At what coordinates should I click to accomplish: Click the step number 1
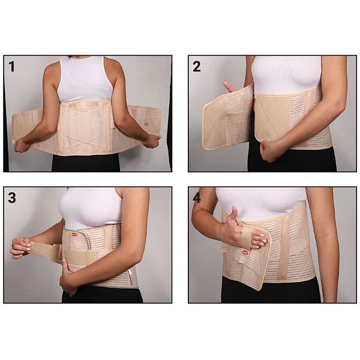click(11, 67)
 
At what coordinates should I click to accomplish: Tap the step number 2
click(197, 67)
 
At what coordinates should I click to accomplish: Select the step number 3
click(12, 197)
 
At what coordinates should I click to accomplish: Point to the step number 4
click(197, 197)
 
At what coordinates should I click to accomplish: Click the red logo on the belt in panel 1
click(146, 124)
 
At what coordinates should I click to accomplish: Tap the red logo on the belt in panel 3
click(74, 235)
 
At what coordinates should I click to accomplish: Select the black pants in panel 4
click(271, 290)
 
